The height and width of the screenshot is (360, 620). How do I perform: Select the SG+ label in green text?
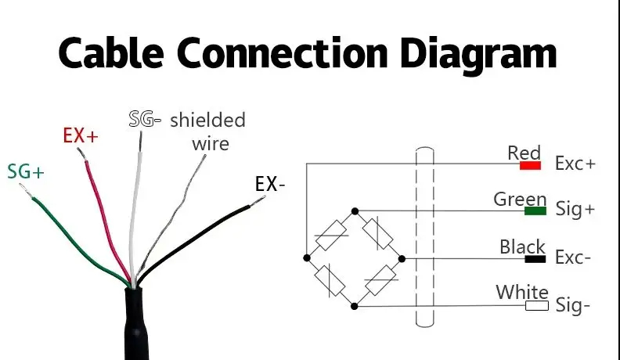[x=26, y=171]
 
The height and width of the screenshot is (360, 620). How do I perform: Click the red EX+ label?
[x=81, y=135]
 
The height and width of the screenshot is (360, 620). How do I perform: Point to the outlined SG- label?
[x=145, y=120]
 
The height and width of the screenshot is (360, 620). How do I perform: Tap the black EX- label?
[x=270, y=185]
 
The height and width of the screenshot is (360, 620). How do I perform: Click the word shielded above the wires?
[x=207, y=120]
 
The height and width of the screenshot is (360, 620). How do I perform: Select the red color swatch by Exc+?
[x=531, y=165]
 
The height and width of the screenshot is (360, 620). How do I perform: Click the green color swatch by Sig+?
[x=535, y=211]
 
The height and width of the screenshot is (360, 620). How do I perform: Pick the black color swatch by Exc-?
[x=535, y=257]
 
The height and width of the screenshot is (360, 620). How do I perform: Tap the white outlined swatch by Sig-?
[x=536, y=305]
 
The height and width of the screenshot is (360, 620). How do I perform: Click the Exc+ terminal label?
[x=575, y=164]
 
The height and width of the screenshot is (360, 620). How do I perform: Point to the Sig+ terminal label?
[x=575, y=211]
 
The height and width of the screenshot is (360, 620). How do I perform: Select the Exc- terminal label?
[x=573, y=257]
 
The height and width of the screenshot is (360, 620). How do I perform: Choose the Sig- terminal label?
[x=573, y=305]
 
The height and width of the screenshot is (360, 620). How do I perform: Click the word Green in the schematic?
[x=520, y=199]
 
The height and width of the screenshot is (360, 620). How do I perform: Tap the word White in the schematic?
[x=522, y=293]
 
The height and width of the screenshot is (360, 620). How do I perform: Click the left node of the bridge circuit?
[x=306, y=257]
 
